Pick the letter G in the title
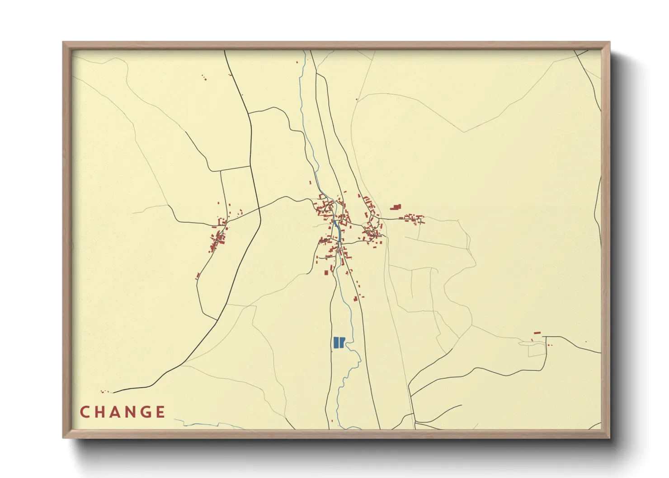point(145,412)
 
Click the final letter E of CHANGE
point(160,412)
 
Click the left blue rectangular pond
point(336,342)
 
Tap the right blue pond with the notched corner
point(342,342)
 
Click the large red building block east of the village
point(396,207)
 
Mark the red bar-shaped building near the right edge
point(537,333)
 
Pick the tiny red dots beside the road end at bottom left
point(105,392)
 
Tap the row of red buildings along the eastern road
point(412,219)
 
